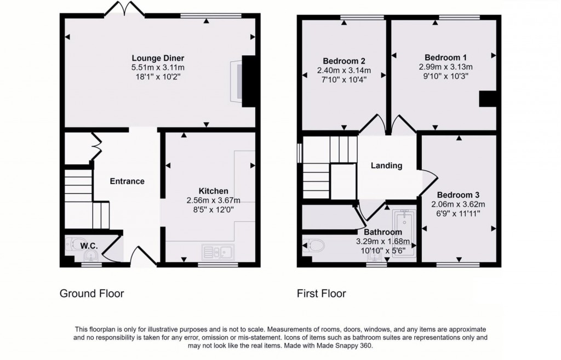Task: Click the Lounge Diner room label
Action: pyautogui.click(x=158, y=58)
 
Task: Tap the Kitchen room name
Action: pyautogui.click(x=213, y=191)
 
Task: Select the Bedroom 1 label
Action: pyautogui.click(x=445, y=58)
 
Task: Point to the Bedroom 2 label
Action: pyautogui.click(x=344, y=61)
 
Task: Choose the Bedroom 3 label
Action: pyautogui.click(x=458, y=195)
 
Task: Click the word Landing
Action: pyautogui.click(x=386, y=165)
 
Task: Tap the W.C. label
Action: pyautogui.click(x=89, y=246)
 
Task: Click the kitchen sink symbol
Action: pyautogui.click(x=217, y=252)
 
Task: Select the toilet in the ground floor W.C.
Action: pyautogui.click(x=74, y=244)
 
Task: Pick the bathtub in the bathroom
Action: pyautogui.click(x=404, y=233)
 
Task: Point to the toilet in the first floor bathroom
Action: pyautogui.click(x=313, y=245)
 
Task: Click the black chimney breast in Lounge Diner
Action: pyautogui.click(x=249, y=81)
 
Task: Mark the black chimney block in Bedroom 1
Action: pyautogui.click(x=488, y=99)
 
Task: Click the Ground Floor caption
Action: pyautogui.click(x=91, y=294)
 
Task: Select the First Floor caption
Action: pyautogui.click(x=321, y=294)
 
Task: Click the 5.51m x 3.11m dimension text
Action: pyautogui.click(x=158, y=67)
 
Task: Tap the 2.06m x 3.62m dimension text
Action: pyautogui.click(x=458, y=204)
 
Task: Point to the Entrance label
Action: pyautogui.click(x=127, y=181)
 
